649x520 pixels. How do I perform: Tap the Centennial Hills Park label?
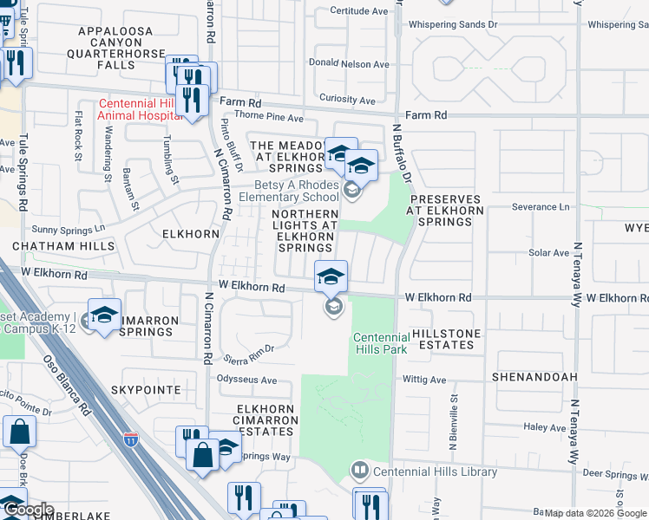click(380, 343)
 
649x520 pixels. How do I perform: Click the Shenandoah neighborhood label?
click(530, 378)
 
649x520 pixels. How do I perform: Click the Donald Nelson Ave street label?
click(349, 64)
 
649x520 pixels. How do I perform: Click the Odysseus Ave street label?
click(246, 380)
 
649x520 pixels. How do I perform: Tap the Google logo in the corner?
click(27, 510)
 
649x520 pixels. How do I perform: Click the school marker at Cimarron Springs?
click(105, 316)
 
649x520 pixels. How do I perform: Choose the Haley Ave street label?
click(544, 427)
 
